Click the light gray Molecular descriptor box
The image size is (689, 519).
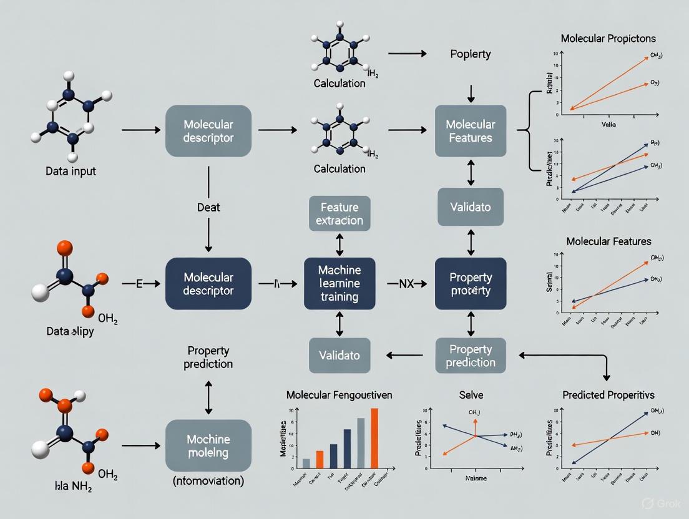208,130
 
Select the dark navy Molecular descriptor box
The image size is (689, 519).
208,283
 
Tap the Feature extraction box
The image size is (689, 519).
340,213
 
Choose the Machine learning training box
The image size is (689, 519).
340,283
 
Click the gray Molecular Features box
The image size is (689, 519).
471,130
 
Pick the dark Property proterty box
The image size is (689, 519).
471,283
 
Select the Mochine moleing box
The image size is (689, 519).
208,445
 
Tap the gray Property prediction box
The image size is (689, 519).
471,356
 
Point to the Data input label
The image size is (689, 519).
71,171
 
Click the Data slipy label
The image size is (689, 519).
70,331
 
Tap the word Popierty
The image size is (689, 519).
470,54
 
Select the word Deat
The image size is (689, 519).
208,207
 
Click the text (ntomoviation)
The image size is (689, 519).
208,482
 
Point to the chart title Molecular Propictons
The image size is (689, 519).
608,39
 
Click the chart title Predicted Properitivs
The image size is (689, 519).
608,395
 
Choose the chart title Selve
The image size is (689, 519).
471,395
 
